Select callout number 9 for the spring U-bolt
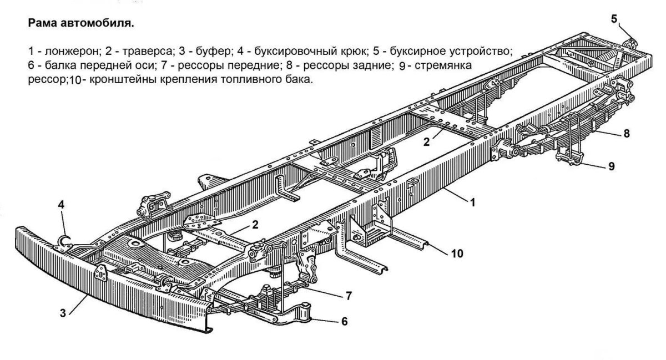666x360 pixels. click(x=612, y=165)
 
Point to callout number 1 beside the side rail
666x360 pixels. click(x=473, y=203)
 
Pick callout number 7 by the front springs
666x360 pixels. click(x=349, y=296)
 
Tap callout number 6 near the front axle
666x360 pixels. click(x=344, y=321)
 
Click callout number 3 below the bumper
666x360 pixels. click(x=64, y=313)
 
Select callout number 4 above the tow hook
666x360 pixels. click(x=62, y=204)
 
